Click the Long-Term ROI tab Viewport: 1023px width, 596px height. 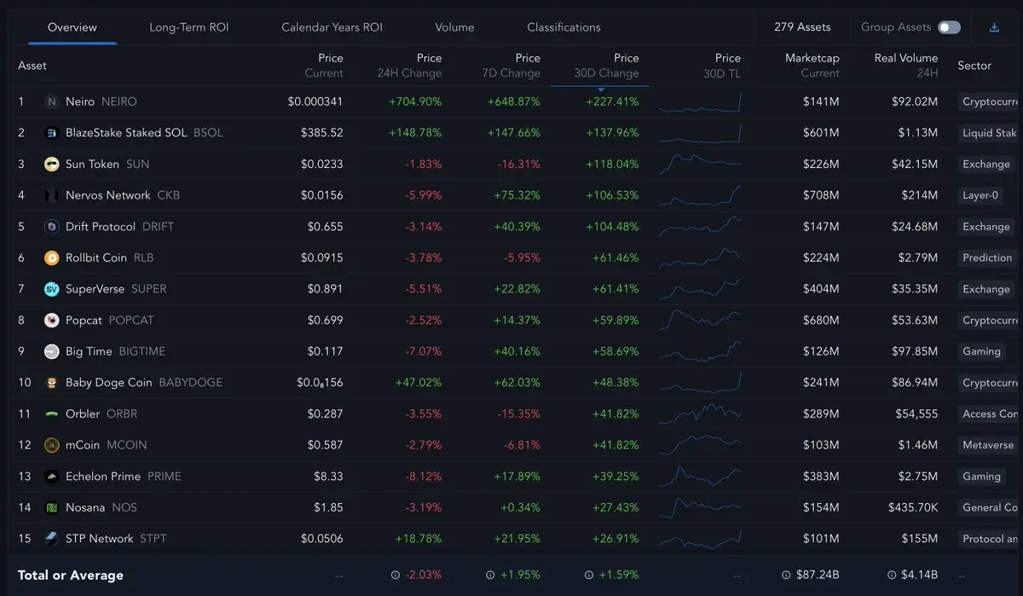[188, 27]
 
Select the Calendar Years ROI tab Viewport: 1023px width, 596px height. [332, 27]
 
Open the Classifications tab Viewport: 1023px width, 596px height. [564, 27]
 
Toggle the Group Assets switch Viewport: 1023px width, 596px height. [949, 27]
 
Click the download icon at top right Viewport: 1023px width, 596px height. [994, 27]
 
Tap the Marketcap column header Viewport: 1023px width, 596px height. [812, 65]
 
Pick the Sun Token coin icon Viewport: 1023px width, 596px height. [51, 164]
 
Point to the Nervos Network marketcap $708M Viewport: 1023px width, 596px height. [821, 195]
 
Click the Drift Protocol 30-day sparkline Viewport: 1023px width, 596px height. [699, 226]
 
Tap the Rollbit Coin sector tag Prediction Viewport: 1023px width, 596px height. [986, 257]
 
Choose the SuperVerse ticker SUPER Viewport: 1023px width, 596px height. [149, 289]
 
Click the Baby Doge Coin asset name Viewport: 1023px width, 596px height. [108, 383]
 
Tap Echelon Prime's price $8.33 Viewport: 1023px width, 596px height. [328, 477]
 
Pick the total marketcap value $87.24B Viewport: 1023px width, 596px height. [816, 575]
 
